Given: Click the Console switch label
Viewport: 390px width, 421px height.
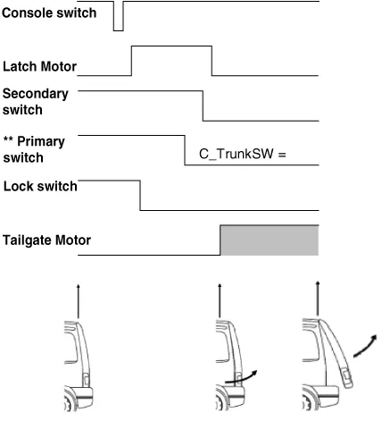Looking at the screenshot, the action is point(49,13).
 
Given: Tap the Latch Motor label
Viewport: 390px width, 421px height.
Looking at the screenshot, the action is point(39,66).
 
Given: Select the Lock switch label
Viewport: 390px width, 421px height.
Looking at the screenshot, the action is point(40,186).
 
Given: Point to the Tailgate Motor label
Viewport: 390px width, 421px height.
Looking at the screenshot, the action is point(46,240).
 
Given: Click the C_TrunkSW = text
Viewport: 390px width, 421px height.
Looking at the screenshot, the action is point(243,154).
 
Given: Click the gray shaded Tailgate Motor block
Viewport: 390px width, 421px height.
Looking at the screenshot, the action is point(270,240).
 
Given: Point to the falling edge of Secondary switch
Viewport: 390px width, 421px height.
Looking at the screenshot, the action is point(203,105).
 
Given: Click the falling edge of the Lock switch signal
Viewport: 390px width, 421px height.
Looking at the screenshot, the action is point(140,195).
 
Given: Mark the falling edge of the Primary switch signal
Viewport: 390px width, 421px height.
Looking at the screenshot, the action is point(185,150).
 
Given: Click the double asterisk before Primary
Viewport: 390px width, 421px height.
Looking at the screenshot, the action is point(8,139).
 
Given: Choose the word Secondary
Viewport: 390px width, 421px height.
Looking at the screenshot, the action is point(36,94).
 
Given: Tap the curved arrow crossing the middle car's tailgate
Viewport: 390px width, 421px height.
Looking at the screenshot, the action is point(241,378).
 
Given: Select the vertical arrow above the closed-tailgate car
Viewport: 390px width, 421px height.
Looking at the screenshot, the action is point(79,301).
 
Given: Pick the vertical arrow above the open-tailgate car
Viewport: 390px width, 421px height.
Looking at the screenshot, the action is point(318,299).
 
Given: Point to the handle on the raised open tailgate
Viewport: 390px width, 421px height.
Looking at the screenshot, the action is point(346,377).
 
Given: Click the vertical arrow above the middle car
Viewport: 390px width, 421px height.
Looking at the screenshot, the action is point(220,300).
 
